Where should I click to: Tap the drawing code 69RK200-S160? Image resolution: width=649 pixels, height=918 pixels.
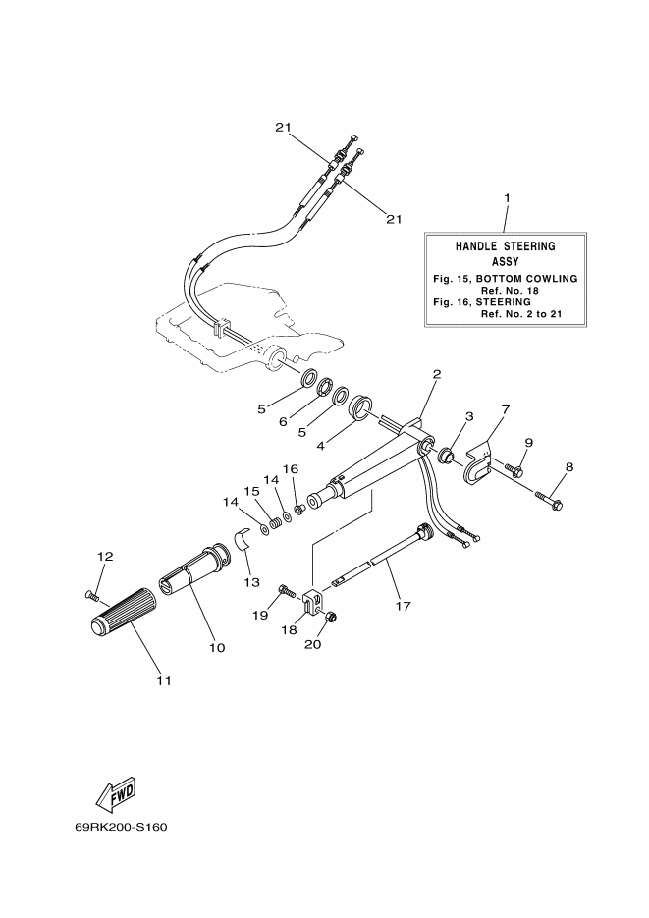121,828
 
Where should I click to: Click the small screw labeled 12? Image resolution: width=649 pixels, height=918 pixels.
92,595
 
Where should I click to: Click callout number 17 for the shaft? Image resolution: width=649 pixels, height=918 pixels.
403,606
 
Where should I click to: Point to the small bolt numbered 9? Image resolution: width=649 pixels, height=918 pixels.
514,469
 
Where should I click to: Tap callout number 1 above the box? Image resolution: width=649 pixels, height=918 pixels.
507,198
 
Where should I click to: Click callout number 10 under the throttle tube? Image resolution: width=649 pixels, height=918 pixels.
217,648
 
